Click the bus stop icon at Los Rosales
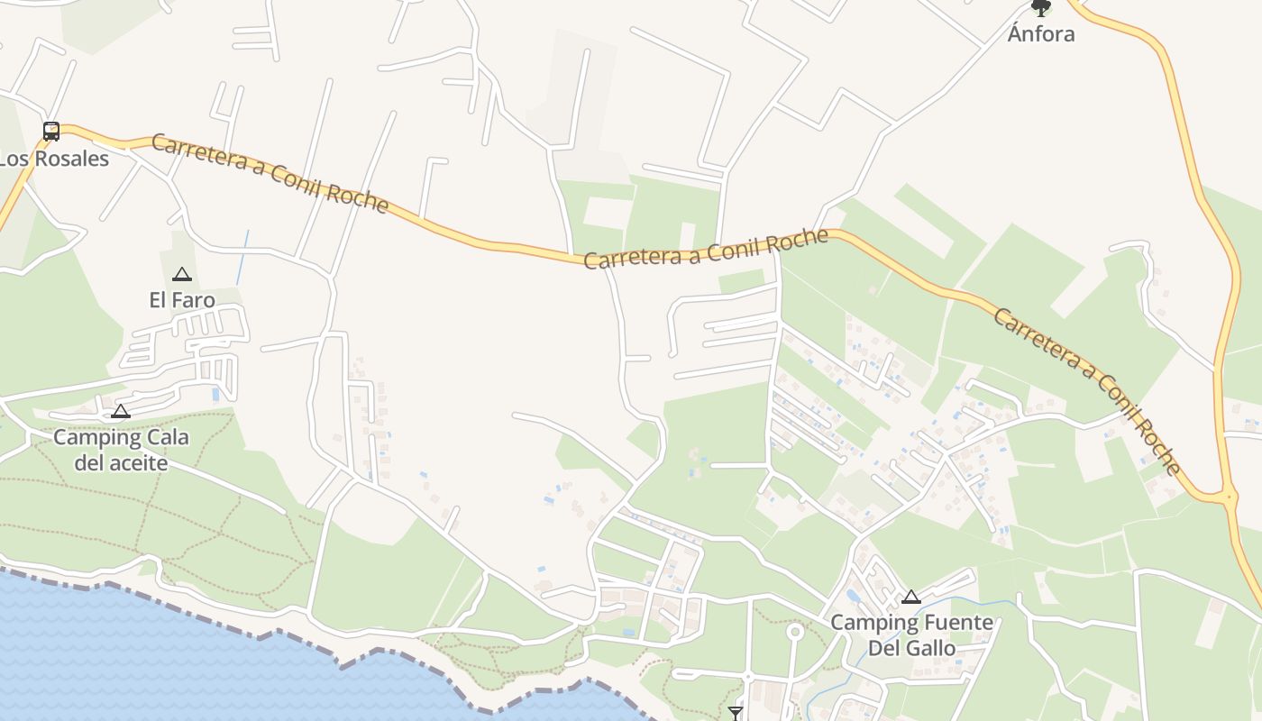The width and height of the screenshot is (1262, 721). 51,132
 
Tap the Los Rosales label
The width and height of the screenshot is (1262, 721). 53,160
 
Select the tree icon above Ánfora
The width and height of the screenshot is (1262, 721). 1041,8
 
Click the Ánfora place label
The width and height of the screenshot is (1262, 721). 1041,34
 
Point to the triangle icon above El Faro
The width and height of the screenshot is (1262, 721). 182,274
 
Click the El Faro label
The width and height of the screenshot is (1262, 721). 182,300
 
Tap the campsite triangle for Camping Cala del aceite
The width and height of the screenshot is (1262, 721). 120,412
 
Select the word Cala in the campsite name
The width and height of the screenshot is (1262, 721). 169,438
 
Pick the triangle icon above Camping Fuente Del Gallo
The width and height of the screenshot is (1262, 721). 911,597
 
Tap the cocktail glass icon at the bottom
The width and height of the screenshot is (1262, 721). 736,713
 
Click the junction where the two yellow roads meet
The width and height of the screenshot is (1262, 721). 1227,497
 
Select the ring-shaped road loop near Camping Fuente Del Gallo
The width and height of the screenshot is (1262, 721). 794,632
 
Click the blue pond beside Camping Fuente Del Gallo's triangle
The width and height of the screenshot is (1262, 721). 853,596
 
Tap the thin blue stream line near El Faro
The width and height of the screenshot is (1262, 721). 242,258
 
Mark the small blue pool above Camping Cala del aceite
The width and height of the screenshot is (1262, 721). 215,394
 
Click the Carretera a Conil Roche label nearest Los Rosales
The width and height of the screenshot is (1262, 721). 270,173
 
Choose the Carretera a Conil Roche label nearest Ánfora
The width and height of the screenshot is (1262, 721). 1086,390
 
